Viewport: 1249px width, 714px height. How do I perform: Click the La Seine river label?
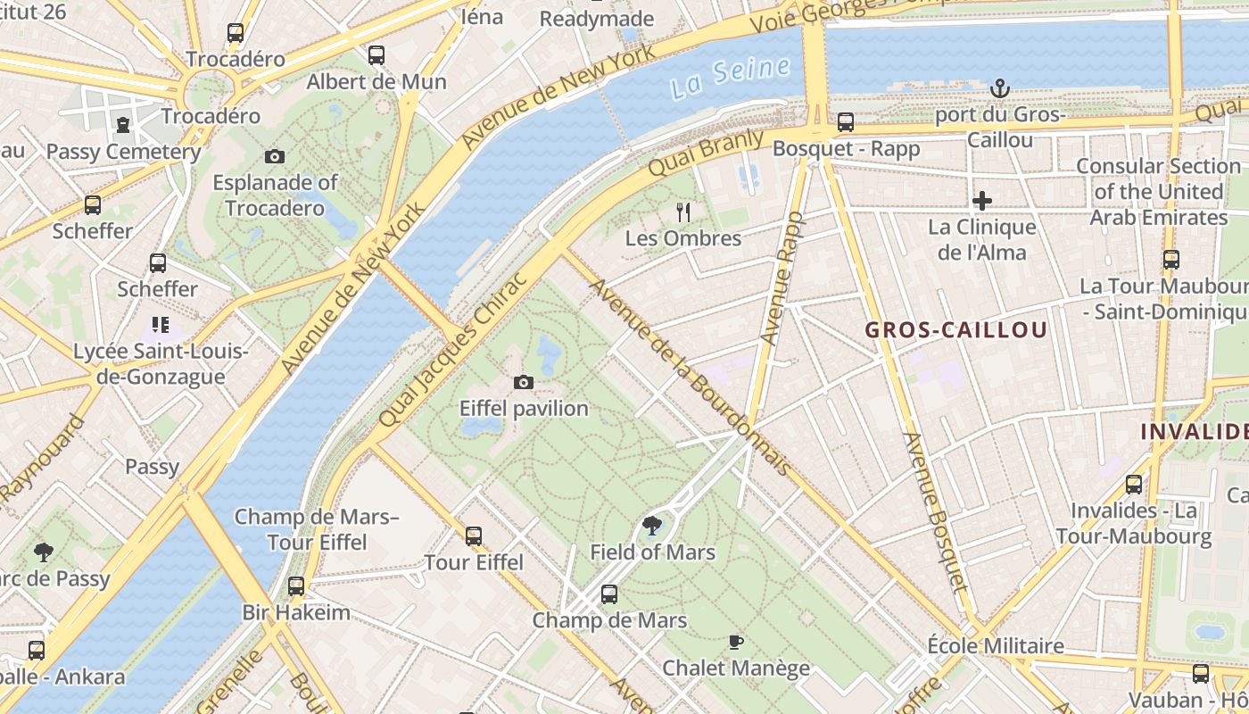[x=731, y=77]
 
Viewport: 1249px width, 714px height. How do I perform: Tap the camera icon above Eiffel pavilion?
[x=524, y=383]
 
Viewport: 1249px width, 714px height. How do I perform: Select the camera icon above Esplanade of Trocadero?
[x=275, y=157]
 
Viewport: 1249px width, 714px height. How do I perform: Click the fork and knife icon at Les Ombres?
[x=683, y=212]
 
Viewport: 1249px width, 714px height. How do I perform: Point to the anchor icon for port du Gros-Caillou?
[x=1000, y=88]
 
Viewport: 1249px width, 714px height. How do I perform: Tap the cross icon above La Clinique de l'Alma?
[x=982, y=201]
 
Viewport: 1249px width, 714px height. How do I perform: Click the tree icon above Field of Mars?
[x=652, y=526]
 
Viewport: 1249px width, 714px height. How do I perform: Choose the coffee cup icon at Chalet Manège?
[x=736, y=642]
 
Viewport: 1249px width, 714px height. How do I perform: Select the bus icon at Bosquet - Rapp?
[x=845, y=122]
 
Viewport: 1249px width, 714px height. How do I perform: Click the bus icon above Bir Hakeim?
[x=296, y=586]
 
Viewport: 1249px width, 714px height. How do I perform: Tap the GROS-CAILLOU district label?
[x=955, y=330]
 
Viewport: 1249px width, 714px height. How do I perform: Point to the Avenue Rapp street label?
[x=782, y=278]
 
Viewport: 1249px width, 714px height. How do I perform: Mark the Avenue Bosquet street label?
[x=934, y=512]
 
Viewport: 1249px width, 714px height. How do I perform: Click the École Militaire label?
[x=996, y=645]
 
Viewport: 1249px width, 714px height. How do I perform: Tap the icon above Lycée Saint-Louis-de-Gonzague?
[x=161, y=325]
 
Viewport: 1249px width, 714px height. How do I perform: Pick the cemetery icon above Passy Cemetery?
[x=123, y=125]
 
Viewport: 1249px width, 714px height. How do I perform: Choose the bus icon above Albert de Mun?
[x=376, y=55]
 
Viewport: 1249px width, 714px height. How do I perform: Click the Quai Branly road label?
[x=706, y=154]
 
